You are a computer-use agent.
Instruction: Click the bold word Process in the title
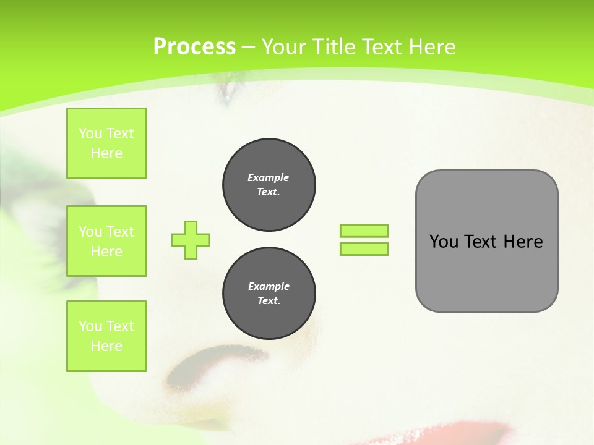pos(194,47)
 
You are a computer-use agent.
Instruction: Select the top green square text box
pos(106,143)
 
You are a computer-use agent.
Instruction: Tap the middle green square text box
pos(106,241)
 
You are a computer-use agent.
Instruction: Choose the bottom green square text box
pos(106,336)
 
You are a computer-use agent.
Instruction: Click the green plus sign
pos(191,240)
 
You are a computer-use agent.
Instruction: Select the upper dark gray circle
pos(269,185)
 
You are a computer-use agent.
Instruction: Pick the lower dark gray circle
pos(269,294)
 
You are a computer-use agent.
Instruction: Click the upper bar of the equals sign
pos(364,231)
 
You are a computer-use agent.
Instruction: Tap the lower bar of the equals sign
pos(364,248)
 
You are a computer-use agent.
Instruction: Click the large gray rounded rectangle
pos(486,272)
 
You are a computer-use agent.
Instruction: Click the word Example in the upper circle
pos(269,177)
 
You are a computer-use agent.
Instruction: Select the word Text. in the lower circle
pos(269,301)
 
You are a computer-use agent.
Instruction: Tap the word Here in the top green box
pos(106,153)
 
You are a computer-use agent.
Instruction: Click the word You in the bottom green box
pos(90,326)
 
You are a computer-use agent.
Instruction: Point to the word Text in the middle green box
pos(120,232)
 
